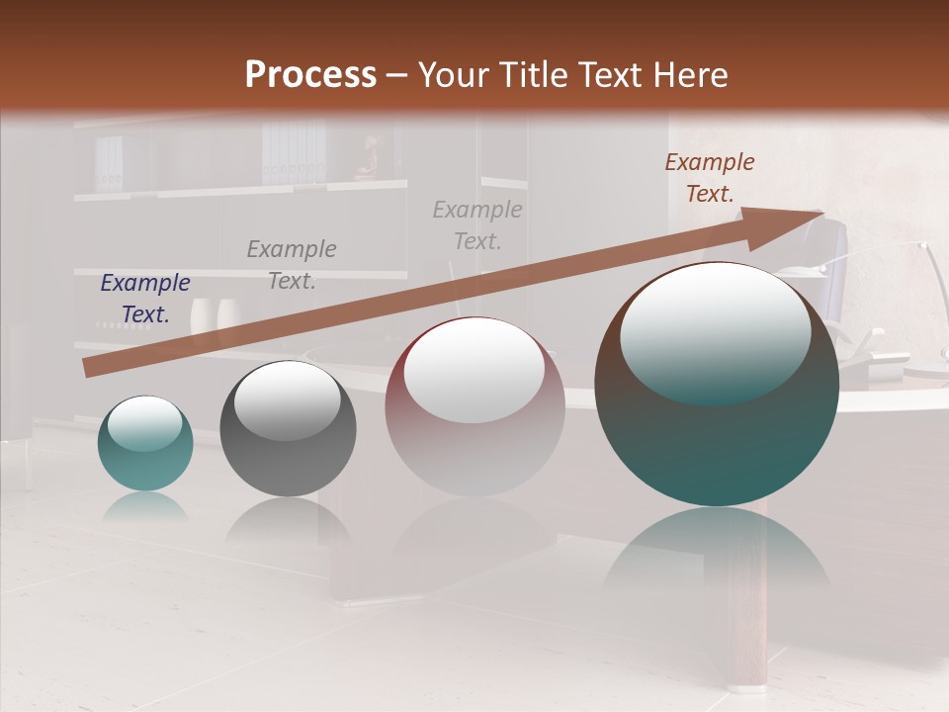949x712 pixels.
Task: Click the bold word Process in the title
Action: [310, 75]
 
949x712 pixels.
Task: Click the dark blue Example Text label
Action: [144, 299]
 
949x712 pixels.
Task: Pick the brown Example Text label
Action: [709, 178]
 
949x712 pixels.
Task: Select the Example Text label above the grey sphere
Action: [291, 265]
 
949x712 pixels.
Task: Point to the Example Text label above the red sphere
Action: [476, 224]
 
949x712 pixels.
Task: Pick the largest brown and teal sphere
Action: [717, 425]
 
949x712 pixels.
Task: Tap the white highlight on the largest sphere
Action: [715, 331]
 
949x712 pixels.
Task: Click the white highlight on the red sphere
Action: [474, 370]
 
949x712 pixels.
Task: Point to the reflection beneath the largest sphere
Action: [717, 554]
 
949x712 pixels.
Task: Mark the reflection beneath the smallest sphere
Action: [145, 506]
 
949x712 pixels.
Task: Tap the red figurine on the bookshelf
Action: [368, 158]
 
